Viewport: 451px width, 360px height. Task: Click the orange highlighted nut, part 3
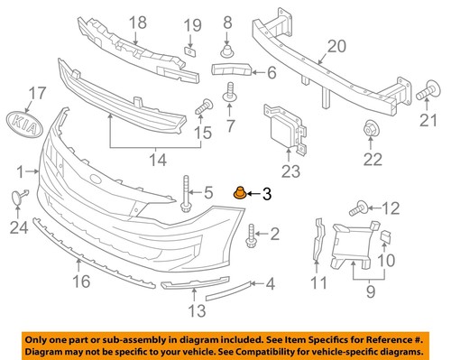pos(241,191)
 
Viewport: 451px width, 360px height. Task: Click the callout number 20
pos(336,46)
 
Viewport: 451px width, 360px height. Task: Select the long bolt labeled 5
pos(187,192)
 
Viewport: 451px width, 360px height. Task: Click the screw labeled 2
pos(251,237)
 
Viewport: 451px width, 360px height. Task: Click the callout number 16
pos(80,282)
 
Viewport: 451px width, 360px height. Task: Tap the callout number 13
pos(197,311)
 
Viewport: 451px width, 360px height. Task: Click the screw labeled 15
pos(201,106)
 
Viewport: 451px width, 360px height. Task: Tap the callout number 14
pos(159,160)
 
